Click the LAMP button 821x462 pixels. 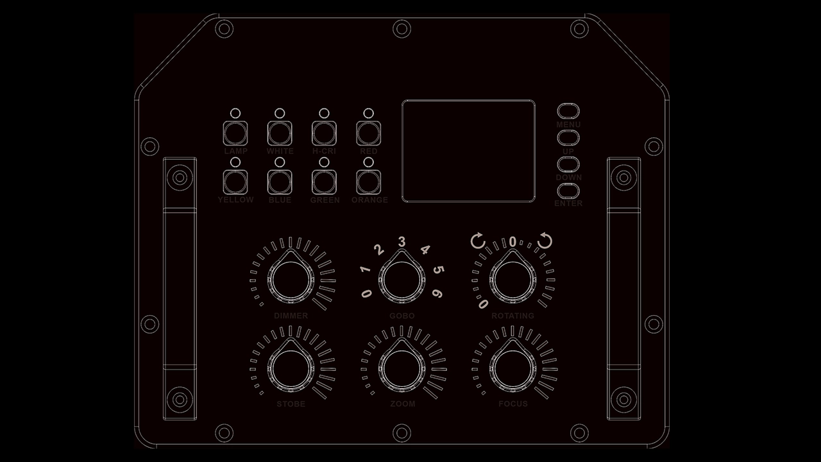coord(235,133)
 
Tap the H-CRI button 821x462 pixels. coord(324,133)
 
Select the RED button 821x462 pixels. coord(368,133)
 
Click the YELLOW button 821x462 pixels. coord(235,182)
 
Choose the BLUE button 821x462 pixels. coord(280,182)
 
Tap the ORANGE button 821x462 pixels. coord(368,182)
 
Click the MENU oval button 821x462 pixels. coord(568,110)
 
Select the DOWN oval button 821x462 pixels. coord(568,164)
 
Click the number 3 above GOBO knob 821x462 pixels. coord(402,242)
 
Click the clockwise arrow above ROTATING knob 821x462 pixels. coord(545,241)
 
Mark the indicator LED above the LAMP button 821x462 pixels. coord(235,113)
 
